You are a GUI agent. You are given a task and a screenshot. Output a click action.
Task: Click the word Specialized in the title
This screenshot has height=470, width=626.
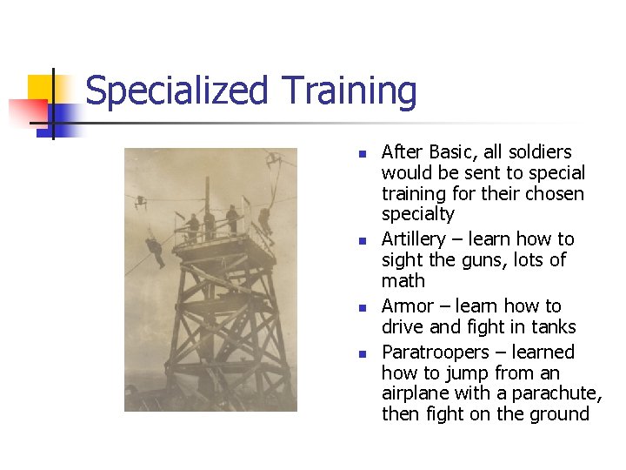tap(177, 91)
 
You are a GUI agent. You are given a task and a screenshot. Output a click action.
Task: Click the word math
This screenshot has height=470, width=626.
tap(403, 281)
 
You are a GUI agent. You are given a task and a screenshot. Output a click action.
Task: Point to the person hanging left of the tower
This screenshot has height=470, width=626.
tap(155, 250)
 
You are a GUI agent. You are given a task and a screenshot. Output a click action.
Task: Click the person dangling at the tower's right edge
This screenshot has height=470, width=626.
tap(264, 220)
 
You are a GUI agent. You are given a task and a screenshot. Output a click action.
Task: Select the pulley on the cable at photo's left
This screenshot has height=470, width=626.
tap(140, 201)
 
